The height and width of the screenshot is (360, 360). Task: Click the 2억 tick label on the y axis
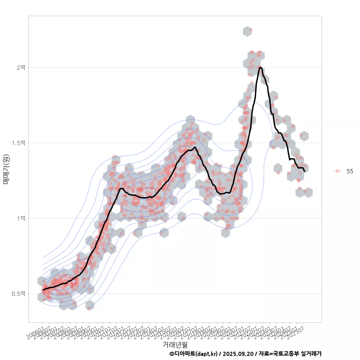point(21,67)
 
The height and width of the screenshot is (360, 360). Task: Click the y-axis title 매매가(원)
point(6,169)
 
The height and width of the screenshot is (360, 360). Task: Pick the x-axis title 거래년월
point(175,344)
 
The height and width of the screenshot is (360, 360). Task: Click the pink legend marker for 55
point(337,171)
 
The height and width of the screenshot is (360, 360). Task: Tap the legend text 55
point(349,171)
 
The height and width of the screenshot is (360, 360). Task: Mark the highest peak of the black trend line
point(260,67)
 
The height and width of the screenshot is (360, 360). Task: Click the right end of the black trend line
point(305,171)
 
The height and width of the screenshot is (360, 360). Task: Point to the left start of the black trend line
point(43,290)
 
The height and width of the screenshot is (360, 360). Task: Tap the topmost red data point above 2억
point(250,29)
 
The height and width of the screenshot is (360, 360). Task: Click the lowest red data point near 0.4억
point(89,309)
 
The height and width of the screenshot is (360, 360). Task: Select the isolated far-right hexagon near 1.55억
point(304,136)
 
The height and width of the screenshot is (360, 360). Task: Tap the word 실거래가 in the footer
point(311,354)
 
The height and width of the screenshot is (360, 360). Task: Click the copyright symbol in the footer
point(172,354)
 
